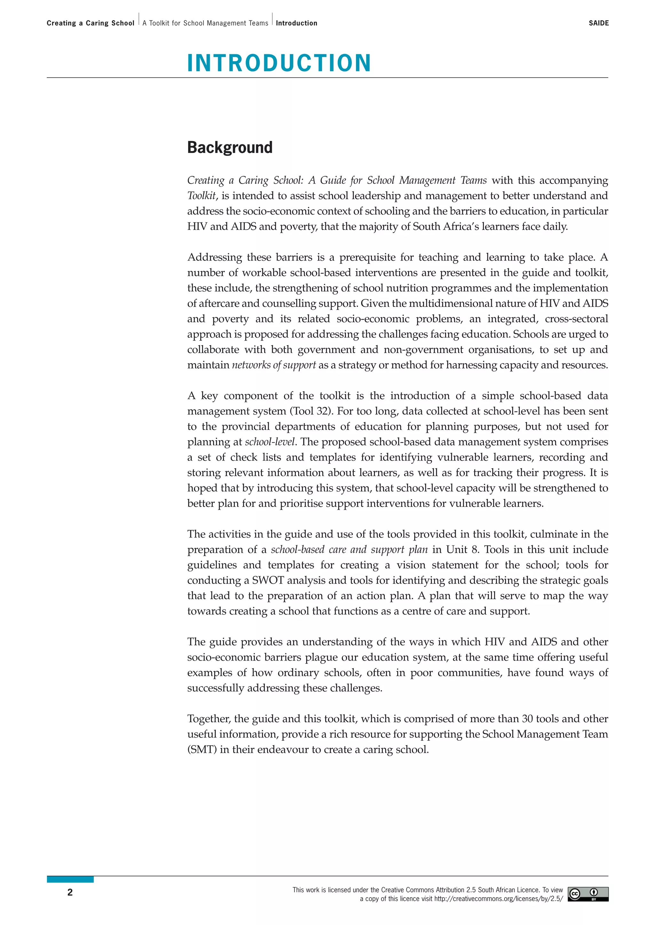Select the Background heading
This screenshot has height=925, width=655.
pos(230,148)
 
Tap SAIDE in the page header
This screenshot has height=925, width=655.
pos(598,23)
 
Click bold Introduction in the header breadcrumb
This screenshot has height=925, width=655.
pos(296,23)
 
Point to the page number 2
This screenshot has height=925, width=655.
pos(70,892)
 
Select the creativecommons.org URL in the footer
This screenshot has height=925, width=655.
pos(498,899)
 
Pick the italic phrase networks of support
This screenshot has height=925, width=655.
pos(274,365)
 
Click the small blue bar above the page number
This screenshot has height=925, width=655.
pos(70,879)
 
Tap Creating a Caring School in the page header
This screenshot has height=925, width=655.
pos(90,23)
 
